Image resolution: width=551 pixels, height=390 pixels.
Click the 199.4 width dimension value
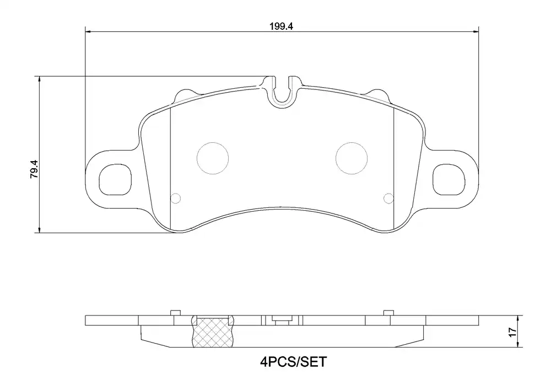[281, 26]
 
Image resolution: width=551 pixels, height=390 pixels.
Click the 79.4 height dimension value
[34, 169]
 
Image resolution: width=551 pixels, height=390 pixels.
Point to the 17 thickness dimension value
[512, 332]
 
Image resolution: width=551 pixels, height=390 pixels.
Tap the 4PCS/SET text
[294, 361]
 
